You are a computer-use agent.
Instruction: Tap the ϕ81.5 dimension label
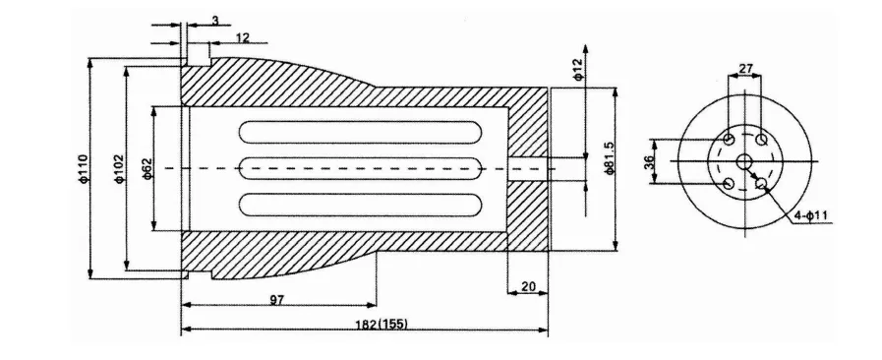click(x=610, y=158)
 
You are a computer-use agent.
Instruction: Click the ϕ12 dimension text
click(x=579, y=70)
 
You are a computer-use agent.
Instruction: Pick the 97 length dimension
click(x=276, y=299)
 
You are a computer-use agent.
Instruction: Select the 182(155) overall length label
click(x=382, y=324)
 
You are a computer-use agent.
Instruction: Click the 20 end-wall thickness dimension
click(x=528, y=286)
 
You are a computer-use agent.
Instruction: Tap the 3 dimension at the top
click(x=215, y=21)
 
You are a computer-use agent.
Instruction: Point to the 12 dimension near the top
click(x=243, y=37)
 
